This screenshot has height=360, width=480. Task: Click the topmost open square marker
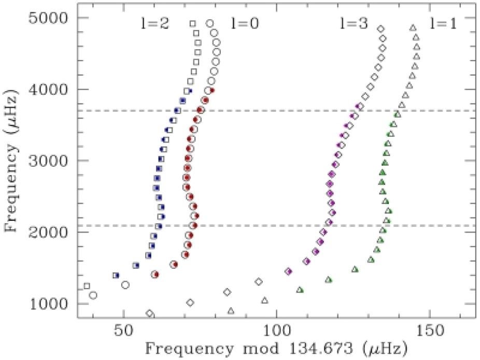click(193, 23)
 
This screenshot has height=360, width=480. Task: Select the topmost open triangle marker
click(413, 27)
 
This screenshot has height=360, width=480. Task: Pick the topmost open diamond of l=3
click(380, 30)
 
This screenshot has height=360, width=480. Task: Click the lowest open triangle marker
click(231, 311)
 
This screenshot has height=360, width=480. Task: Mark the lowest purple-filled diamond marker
click(289, 271)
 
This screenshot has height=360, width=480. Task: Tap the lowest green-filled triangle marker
click(300, 290)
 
